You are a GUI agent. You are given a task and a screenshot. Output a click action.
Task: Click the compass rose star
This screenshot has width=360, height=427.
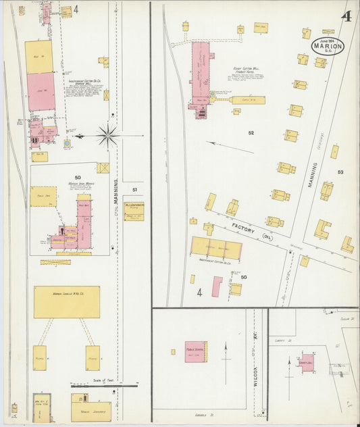107,135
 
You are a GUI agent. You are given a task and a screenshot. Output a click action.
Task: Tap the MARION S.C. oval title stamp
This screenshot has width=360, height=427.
328,46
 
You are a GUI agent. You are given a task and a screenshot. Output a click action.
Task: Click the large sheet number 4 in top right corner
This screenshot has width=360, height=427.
346,17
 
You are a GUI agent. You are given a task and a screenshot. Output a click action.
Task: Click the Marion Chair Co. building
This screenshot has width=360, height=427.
66,301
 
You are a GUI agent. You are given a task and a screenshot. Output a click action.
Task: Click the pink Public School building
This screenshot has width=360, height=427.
195,351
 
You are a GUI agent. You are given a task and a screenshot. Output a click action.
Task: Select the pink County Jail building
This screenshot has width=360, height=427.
307,362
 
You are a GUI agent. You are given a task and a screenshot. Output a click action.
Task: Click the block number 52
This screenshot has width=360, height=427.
251,132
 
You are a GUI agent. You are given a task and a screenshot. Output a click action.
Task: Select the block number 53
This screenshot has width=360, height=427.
340,172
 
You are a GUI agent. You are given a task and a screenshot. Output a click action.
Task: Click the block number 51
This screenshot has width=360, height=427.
134,190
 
